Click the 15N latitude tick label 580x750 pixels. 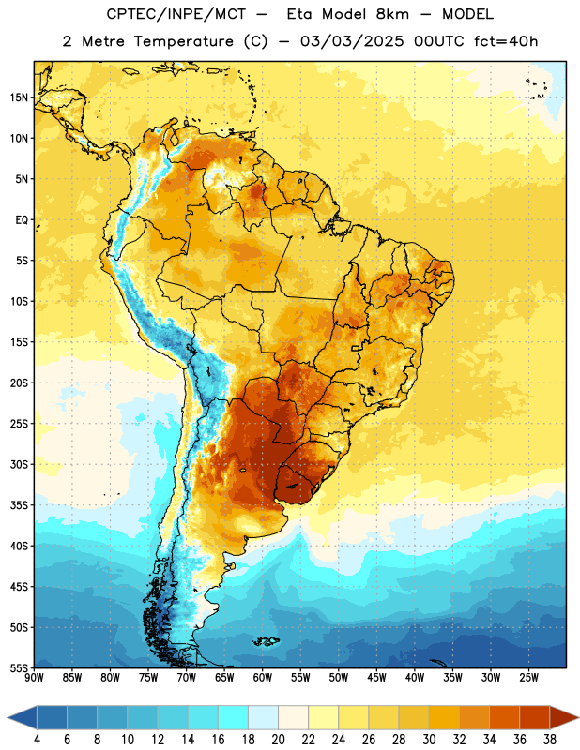pos(18,97)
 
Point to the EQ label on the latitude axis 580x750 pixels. pos(22,220)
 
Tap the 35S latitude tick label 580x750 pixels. pos(19,505)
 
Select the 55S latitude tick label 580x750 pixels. pos(19,668)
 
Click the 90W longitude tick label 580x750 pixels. pos(34,678)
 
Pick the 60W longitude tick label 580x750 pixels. pos(263,678)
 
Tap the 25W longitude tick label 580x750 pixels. pos(528,678)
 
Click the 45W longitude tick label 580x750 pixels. pos(376,678)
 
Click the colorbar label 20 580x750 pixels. pos(278,740)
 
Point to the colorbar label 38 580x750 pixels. pos(550,740)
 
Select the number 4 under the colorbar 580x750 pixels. pos(37,740)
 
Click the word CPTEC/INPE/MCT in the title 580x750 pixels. pos(176,14)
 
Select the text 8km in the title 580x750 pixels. pos(392,14)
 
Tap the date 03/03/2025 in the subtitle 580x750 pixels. pos(352,41)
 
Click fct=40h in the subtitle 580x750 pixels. pos(506,41)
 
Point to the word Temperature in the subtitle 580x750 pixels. pos(183,41)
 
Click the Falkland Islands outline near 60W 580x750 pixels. pos(266,641)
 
